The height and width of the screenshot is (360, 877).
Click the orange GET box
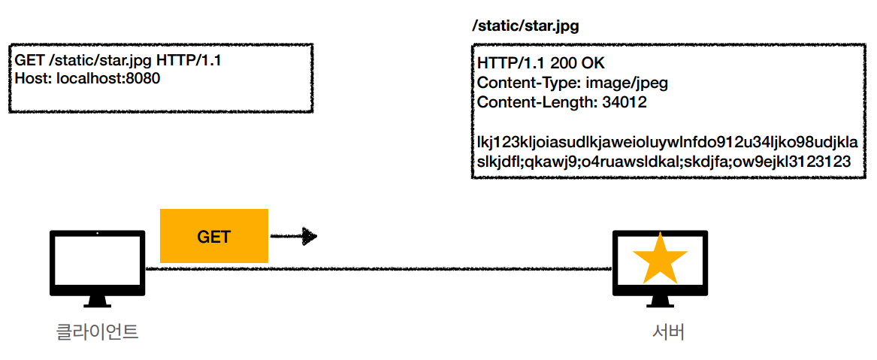(214, 236)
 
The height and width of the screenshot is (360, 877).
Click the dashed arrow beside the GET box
(294, 237)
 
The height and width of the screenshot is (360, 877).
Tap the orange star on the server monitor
(660, 258)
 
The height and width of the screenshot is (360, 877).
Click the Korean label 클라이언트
(97, 331)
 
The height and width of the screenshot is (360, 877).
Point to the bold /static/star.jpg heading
(525, 26)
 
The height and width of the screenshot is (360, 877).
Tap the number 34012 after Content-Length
(624, 102)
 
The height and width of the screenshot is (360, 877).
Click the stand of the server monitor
(661, 301)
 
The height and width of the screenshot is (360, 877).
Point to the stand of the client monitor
(97, 301)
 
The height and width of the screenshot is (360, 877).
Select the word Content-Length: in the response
(537, 102)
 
